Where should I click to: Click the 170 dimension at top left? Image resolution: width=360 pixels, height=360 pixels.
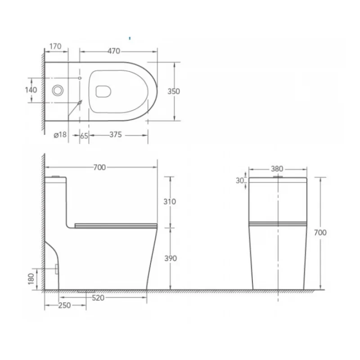coord(55,46)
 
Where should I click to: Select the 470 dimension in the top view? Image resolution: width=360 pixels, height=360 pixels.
coord(114,51)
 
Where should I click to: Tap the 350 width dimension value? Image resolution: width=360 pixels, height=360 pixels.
coord(174,91)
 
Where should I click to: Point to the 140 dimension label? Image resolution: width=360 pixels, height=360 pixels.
coord(31,90)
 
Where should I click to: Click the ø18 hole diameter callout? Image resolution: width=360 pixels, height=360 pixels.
coord(60,135)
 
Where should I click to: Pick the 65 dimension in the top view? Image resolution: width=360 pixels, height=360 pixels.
coord(84,136)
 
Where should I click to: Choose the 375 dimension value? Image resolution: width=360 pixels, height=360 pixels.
coord(116,135)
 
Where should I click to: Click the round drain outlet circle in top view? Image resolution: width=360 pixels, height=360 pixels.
coord(58,90)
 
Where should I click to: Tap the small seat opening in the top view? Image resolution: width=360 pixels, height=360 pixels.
coord(103,91)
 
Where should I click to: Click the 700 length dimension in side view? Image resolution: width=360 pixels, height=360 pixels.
coord(99,167)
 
